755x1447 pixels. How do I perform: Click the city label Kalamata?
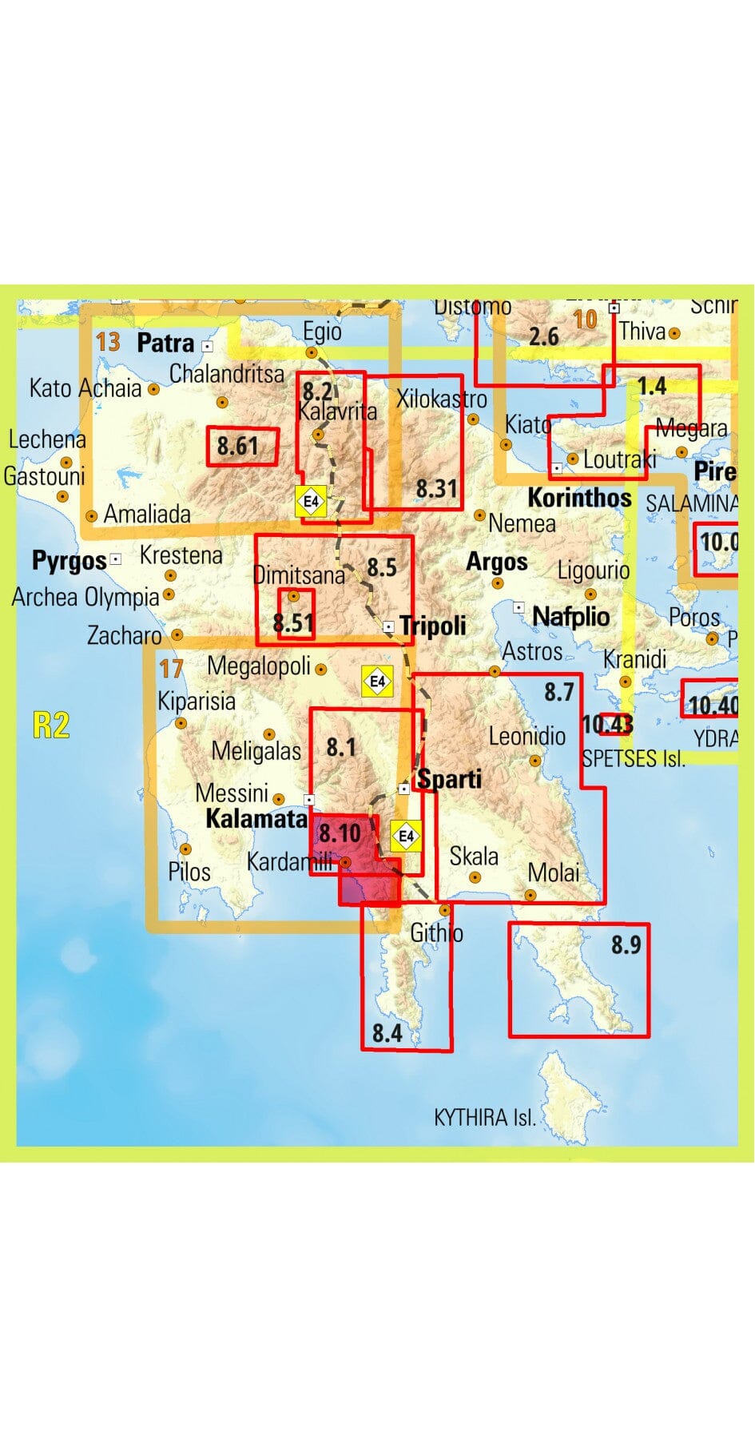(256, 818)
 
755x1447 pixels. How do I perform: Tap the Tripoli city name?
(433, 625)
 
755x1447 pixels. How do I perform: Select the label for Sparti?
(450, 778)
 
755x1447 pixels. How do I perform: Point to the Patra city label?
(165, 343)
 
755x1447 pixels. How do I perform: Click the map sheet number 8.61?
(237, 446)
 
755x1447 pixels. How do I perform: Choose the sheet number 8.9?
(626, 944)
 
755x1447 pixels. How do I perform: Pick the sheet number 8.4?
(387, 1033)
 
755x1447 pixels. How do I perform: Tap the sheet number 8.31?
(436, 488)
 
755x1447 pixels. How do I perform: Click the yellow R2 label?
(51, 725)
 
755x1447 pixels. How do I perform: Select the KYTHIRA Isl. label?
(484, 1117)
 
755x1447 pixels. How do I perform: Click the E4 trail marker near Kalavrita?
(311, 502)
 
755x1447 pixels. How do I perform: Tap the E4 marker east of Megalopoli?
(377, 682)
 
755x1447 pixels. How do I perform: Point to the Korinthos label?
(579, 497)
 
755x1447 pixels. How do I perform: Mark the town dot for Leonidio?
(535, 761)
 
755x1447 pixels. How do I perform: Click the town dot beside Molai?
(531, 894)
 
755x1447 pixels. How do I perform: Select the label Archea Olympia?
(85, 597)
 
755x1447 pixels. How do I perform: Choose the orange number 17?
(171, 668)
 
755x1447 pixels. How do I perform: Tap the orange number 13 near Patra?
(108, 342)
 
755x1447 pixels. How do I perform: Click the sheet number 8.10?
(340, 833)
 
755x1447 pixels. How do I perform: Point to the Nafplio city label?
(570, 616)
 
